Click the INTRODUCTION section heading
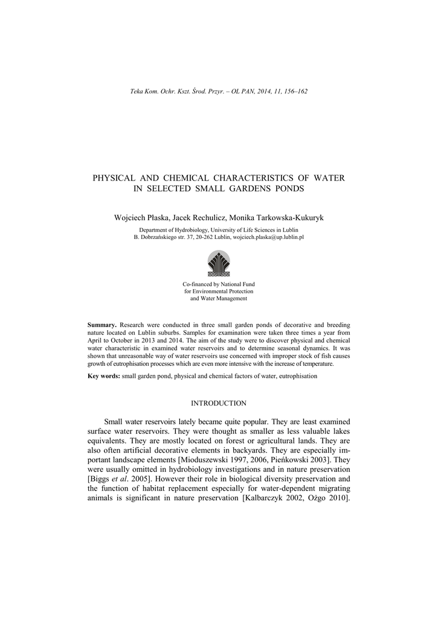[x=219, y=403]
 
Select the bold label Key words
[x=104, y=376]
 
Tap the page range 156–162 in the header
[x=297, y=91]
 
